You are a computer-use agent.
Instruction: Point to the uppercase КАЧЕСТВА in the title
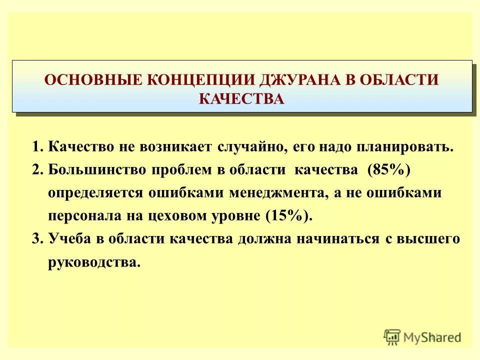(241, 99)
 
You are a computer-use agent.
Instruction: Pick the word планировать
(393, 147)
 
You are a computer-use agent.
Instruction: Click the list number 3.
(36, 239)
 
